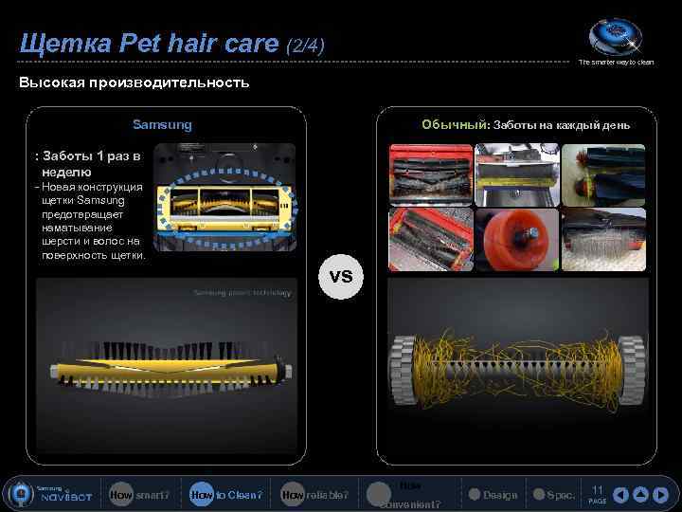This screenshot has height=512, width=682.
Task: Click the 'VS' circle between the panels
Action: (x=341, y=276)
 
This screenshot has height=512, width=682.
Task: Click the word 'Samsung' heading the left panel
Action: (x=162, y=124)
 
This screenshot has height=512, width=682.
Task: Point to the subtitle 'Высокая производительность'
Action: (x=135, y=82)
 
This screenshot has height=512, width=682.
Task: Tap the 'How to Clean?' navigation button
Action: (x=224, y=494)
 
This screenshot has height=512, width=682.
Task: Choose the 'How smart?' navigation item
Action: (x=138, y=494)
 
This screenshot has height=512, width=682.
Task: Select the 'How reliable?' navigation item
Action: (x=314, y=494)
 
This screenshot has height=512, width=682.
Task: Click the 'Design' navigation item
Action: (x=493, y=494)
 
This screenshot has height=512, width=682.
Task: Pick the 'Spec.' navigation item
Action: (x=553, y=494)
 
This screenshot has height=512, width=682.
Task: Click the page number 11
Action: (x=597, y=490)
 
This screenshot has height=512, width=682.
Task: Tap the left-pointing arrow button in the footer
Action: (x=621, y=495)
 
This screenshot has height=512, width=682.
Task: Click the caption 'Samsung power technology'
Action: (x=242, y=293)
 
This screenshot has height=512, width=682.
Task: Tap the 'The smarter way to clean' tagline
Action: (x=616, y=63)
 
